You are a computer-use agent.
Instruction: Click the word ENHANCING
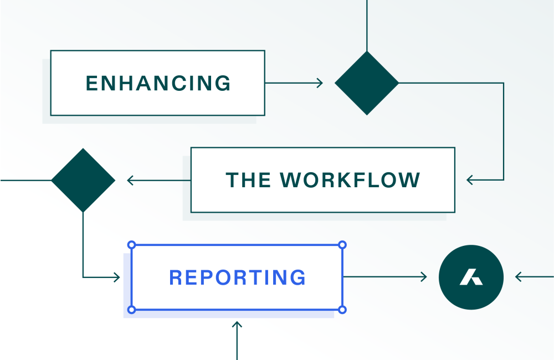(x=158, y=83)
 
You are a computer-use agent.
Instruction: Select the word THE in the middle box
(x=248, y=180)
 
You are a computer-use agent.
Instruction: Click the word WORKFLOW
(x=350, y=180)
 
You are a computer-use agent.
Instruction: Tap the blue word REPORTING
(x=237, y=277)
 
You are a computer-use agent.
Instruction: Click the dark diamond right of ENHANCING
(x=367, y=83)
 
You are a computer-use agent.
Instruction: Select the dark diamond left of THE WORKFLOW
(x=83, y=180)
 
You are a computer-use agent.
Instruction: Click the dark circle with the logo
(x=471, y=277)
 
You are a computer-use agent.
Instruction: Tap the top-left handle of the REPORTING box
(x=132, y=245)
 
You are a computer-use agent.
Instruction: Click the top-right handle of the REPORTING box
(x=342, y=245)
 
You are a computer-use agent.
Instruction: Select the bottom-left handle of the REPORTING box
(x=132, y=310)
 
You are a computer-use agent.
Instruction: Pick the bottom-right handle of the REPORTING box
(x=342, y=310)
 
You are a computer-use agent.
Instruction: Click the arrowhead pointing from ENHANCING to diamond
(x=320, y=83)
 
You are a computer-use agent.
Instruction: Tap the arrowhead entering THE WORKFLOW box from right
(x=470, y=180)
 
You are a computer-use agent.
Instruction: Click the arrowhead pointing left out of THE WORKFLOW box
(x=130, y=180)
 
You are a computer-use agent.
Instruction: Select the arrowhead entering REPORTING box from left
(x=117, y=277)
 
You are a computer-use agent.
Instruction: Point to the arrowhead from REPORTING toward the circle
(x=424, y=277)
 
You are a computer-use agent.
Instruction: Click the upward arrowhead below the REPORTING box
(x=237, y=325)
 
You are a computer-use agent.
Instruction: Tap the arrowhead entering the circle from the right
(x=519, y=277)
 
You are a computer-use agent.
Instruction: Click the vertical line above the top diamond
(x=367, y=25)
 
